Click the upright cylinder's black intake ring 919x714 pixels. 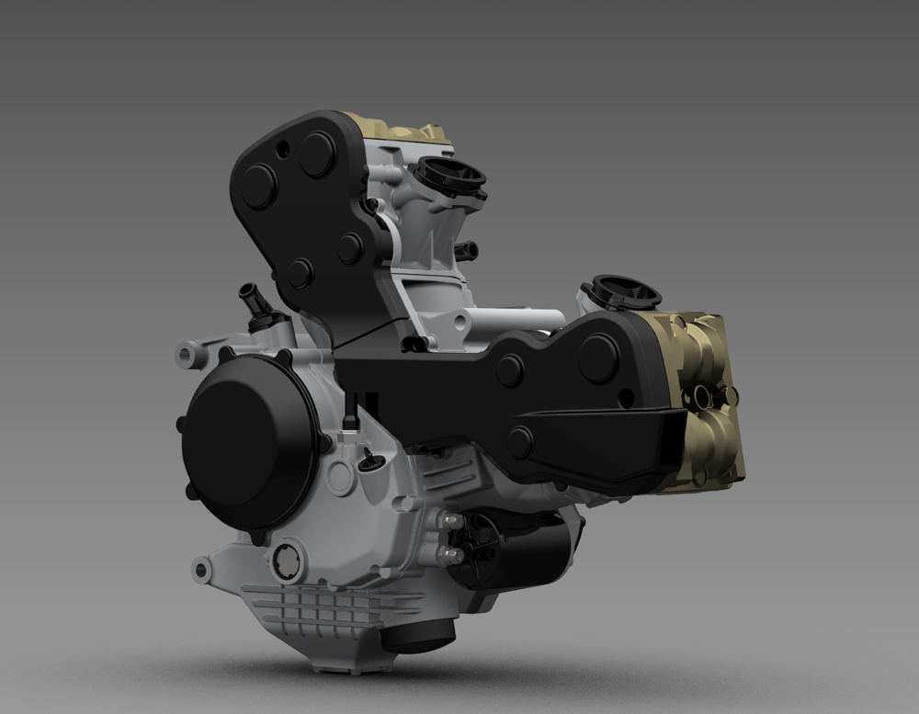pos(449,175)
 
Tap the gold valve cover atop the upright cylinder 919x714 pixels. pos(395,129)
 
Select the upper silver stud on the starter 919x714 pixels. pos(450,521)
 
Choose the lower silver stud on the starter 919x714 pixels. pos(450,554)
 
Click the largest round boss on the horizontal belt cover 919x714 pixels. pos(598,357)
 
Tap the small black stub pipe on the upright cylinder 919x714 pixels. pos(466,250)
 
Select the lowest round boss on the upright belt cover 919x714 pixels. pos(299,273)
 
